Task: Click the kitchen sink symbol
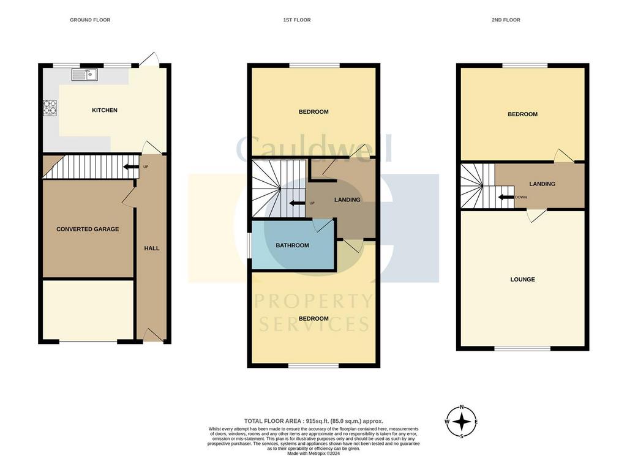(x=84, y=75)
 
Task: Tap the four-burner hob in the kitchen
(x=50, y=107)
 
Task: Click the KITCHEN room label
(x=105, y=110)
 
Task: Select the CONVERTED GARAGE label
(x=88, y=230)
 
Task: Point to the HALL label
(x=152, y=248)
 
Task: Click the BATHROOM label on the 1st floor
(x=292, y=245)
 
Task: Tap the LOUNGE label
(x=523, y=279)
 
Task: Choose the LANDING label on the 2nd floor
(x=543, y=184)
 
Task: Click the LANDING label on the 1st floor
(x=347, y=200)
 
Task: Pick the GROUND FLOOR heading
(x=90, y=20)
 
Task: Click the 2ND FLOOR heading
(x=506, y=20)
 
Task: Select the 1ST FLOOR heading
(x=297, y=20)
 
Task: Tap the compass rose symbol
(x=462, y=422)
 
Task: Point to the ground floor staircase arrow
(x=131, y=166)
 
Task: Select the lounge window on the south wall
(x=522, y=348)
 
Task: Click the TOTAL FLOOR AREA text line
(x=313, y=421)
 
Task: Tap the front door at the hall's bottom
(x=152, y=335)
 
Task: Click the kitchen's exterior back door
(x=149, y=58)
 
